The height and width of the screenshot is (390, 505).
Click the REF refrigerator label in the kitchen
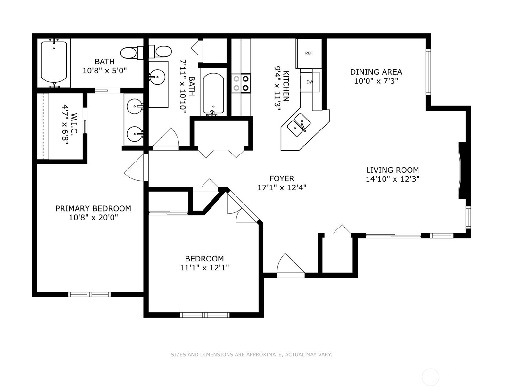[x=309, y=53]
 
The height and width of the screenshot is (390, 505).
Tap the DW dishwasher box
[x=310, y=82]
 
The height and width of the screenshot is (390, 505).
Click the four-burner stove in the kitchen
[x=241, y=83]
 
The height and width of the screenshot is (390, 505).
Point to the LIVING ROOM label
[x=392, y=170]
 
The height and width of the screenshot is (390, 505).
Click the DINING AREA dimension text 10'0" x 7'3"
[x=376, y=81]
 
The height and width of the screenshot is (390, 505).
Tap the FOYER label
[x=282, y=178]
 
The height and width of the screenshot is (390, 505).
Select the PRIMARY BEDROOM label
[x=93, y=208]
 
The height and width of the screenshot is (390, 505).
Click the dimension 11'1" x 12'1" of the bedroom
[x=204, y=267]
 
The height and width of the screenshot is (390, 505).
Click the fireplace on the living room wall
[x=462, y=171]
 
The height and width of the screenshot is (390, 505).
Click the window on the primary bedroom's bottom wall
[x=89, y=294]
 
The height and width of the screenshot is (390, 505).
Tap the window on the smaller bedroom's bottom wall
[x=205, y=315]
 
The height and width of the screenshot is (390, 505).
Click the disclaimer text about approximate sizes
[x=251, y=355]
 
